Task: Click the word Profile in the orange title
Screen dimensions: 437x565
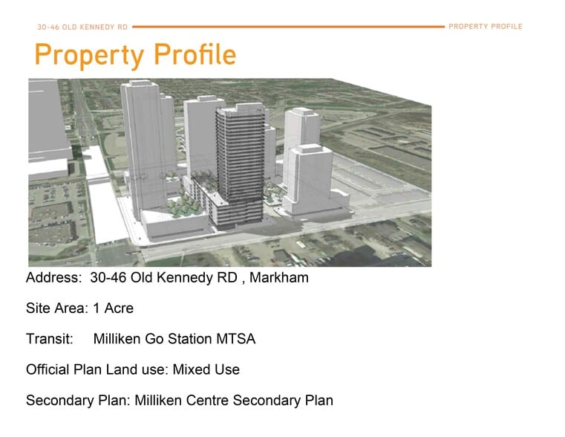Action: click(195, 55)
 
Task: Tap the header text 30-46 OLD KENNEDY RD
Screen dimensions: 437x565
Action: click(82, 27)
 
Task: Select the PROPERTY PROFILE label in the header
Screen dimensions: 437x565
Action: click(486, 27)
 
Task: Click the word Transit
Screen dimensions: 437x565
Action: click(49, 339)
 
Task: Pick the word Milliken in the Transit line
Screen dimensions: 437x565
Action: click(117, 339)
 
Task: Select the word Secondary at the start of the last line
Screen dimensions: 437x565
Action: click(58, 400)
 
